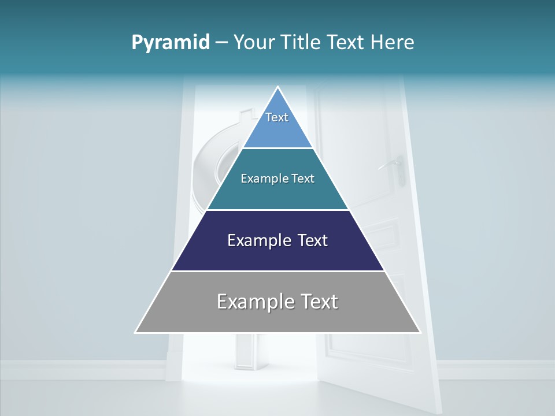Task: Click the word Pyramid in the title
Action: (x=171, y=43)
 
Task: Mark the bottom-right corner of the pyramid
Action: (x=420, y=332)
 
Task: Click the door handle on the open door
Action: (x=394, y=164)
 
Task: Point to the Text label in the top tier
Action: (x=277, y=117)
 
